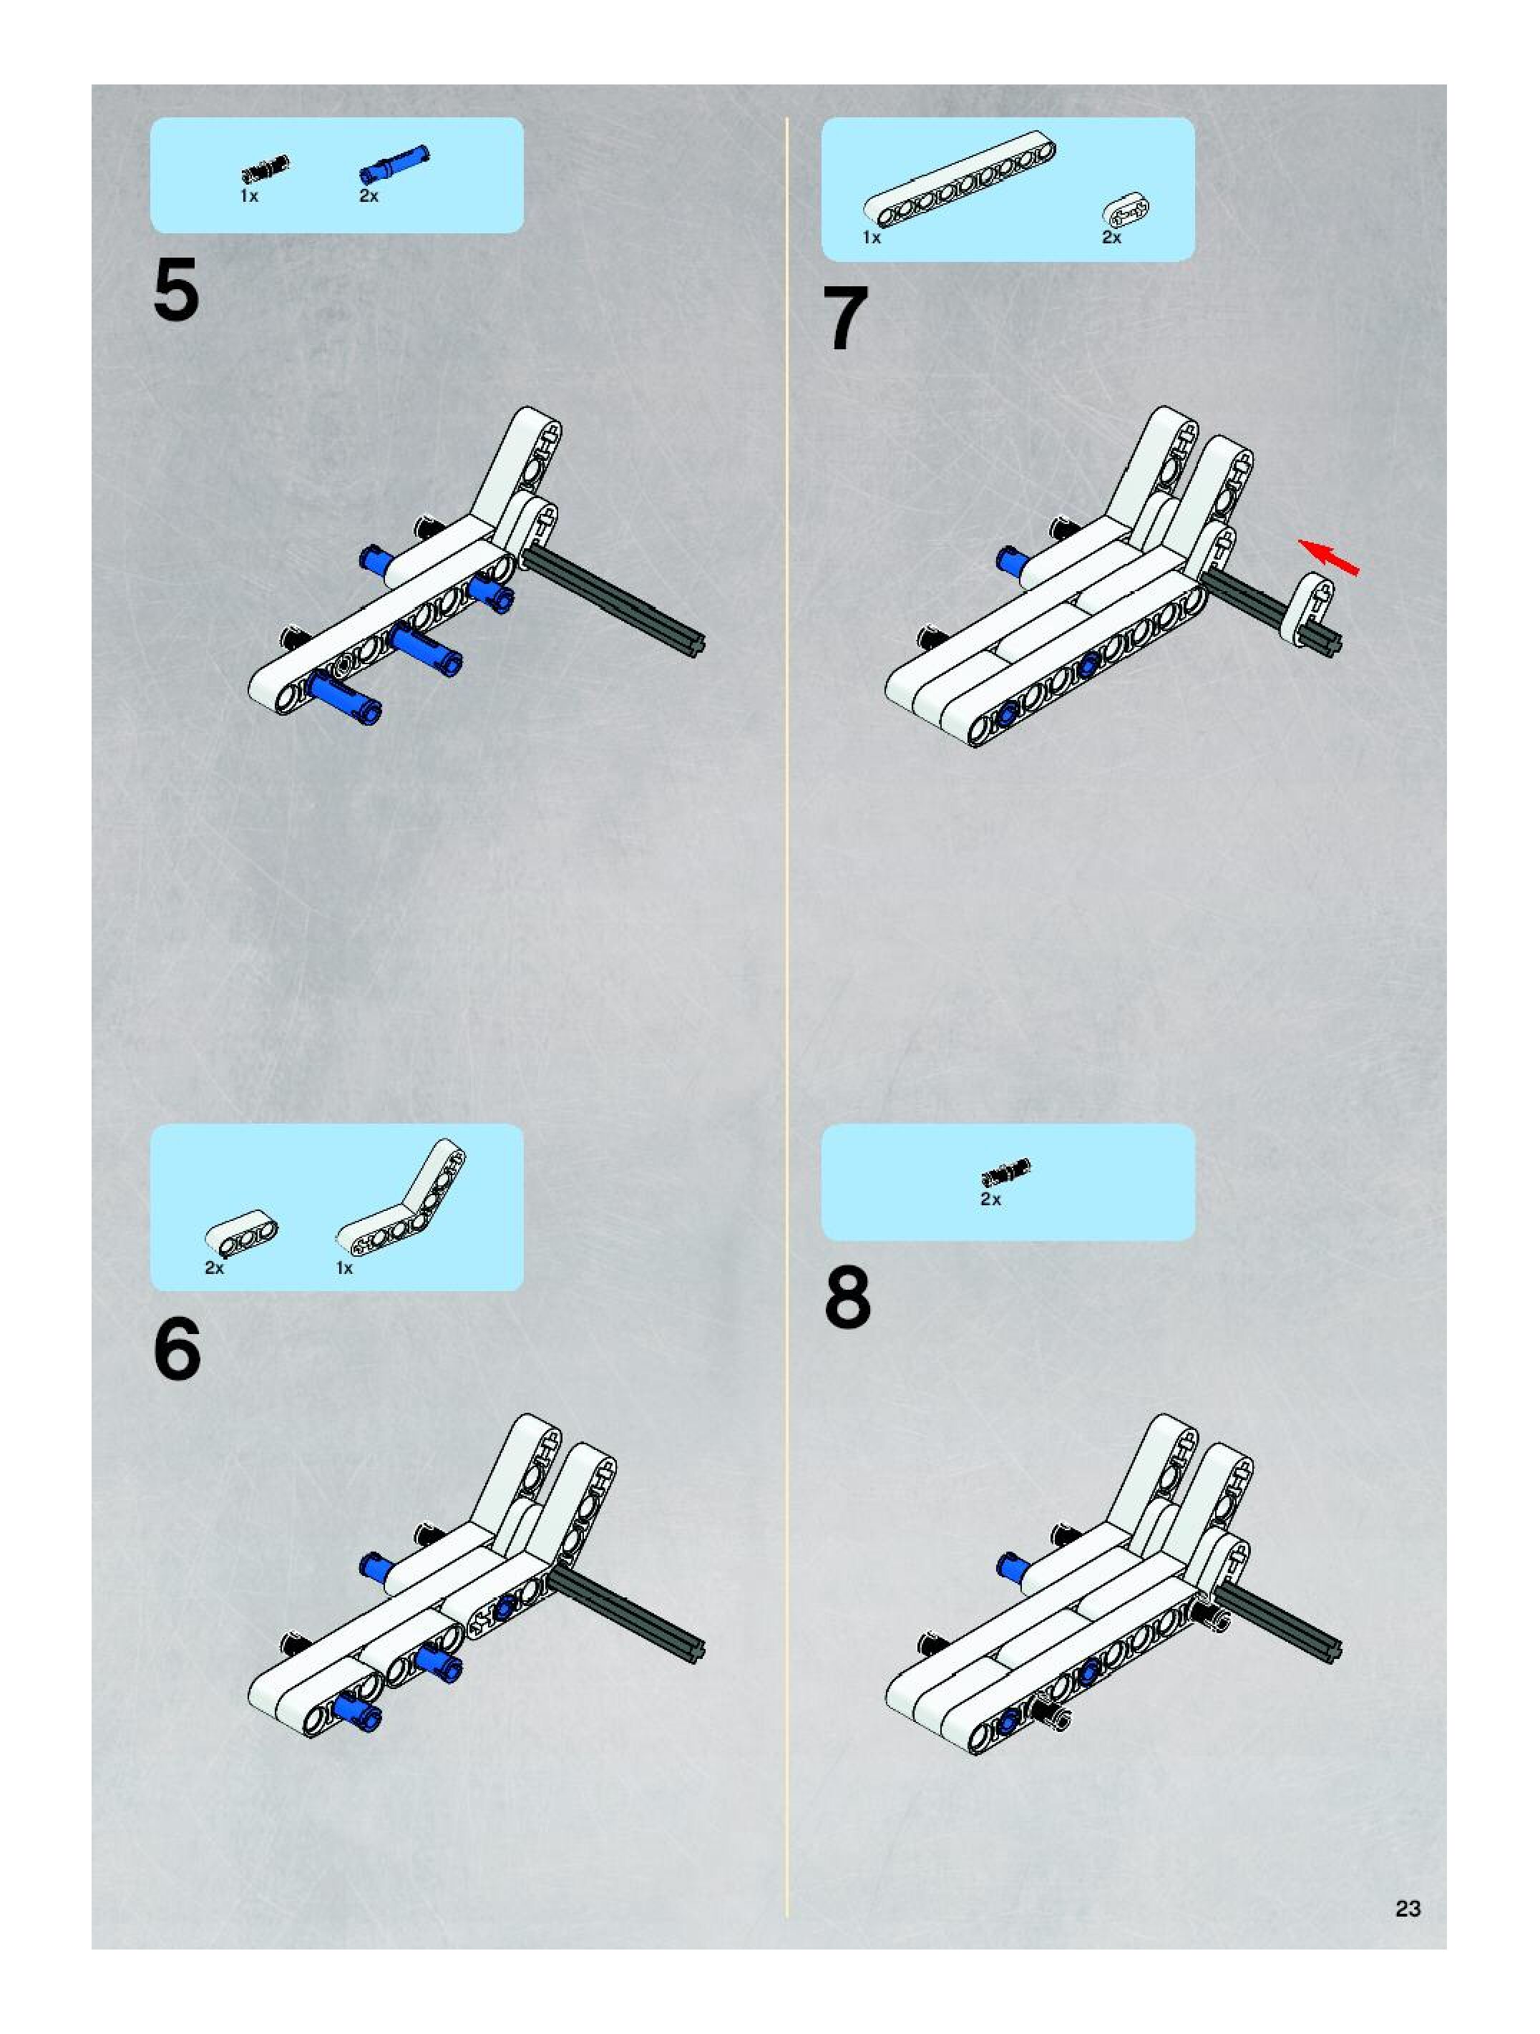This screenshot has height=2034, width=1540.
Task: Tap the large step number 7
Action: pyautogui.click(x=845, y=318)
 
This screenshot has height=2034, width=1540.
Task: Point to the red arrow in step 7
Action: pyautogui.click(x=1327, y=556)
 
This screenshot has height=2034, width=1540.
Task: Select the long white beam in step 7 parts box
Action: pyautogui.click(x=960, y=180)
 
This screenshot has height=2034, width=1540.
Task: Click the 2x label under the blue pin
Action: pyautogui.click(x=369, y=196)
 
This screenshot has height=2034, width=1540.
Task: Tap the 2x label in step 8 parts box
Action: pyautogui.click(x=990, y=1199)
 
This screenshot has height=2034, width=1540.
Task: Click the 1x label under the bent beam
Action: pyautogui.click(x=345, y=1268)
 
